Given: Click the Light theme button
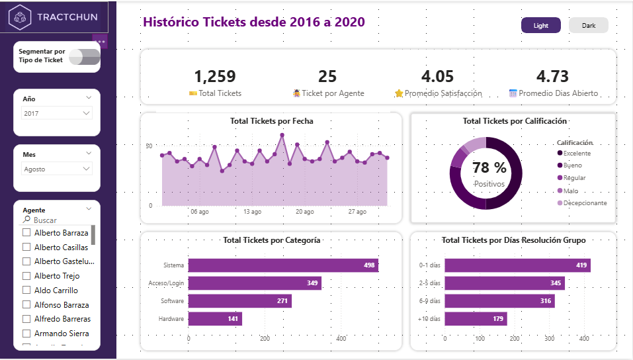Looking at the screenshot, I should point(541,25).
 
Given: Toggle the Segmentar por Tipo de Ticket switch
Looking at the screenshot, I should point(85,57).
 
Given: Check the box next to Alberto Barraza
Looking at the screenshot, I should point(26,233).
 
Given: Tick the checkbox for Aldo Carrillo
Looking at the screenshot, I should point(26,291).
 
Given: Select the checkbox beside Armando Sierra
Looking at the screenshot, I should point(26,334).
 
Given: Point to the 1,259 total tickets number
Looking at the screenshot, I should point(215,77).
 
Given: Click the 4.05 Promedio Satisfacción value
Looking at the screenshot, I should point(437,77).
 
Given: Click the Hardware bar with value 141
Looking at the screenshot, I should point(215,319).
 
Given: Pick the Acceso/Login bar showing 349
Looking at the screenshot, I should point(255,283).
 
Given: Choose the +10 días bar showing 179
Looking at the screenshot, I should point(476,319).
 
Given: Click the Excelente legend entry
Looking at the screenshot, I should point(577,154).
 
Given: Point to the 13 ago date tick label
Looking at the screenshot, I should point(252,212).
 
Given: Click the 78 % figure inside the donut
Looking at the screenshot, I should point(489,168).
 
